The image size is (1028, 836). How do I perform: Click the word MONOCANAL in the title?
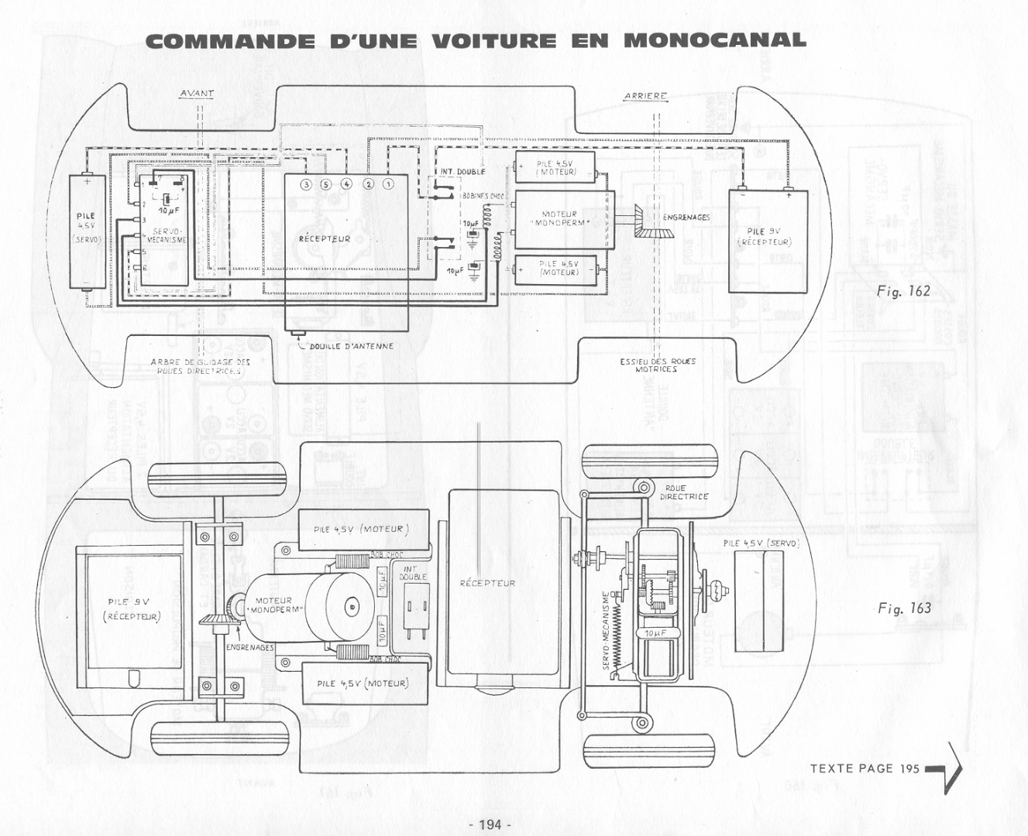click(x=714, y=39)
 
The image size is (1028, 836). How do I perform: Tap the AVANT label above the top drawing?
click(x=197, y=94)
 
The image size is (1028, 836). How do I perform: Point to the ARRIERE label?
click(x=645, y=96)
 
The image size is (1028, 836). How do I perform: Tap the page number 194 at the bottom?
click(x=490, y=824)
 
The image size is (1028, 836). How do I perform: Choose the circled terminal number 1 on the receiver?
click(x=389, y=184)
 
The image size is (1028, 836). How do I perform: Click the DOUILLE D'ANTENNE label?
click(x=351, y=346)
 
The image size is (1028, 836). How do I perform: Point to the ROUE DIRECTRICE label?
click(x=683, y=492)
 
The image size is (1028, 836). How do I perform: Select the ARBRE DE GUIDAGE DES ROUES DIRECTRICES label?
click(x=201, y=366)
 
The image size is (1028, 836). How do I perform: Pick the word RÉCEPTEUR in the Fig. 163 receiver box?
click(x=487, y=583)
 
